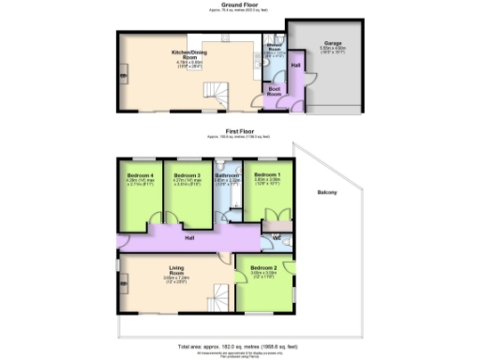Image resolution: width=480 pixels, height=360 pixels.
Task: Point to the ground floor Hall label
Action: click(x=295, y=66)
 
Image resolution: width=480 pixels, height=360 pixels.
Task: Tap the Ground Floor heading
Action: click(x=239, y=6)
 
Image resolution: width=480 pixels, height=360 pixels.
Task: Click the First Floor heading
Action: click(x=239, y=132)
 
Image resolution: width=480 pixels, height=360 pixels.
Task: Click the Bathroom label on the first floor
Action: click(x=228, y=175)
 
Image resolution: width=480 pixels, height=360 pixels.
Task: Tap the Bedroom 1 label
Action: click(x=268, y=175)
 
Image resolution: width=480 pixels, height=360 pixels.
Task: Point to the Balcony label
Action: click(x=327, y=193)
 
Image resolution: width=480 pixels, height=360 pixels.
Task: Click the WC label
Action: click(x=277, y=237)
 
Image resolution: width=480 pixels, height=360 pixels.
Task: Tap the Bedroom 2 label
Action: click(x=263, y=269)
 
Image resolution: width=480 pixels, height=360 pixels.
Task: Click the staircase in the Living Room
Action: click(x=219, y=298)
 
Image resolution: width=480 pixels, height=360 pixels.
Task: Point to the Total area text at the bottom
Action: click(x=239, y=346)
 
